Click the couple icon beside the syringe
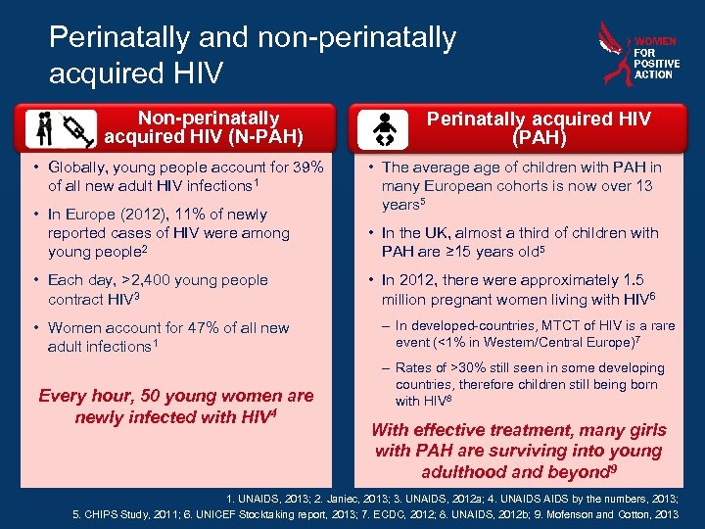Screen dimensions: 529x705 click(x=45, y=127)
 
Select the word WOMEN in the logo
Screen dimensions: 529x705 click(x=655, y=42)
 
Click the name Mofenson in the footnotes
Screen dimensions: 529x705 click(x=582, y=514)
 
